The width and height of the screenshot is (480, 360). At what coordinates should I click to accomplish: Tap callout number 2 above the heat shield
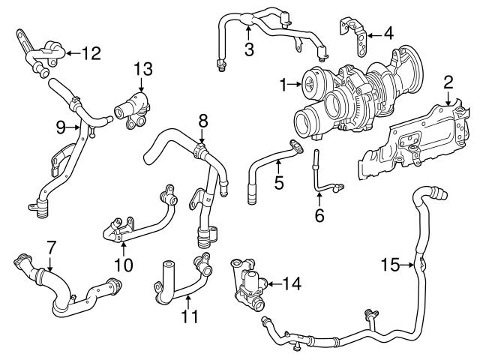(448, 81)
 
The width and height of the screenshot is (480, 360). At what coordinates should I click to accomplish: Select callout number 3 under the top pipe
(249, 49)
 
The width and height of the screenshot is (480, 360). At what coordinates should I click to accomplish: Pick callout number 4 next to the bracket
(388, 33)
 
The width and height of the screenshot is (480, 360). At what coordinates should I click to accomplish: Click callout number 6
(319, 216)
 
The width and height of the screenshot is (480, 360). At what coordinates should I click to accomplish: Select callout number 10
(123, 264)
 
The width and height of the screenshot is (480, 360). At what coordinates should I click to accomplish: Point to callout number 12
(90, 53)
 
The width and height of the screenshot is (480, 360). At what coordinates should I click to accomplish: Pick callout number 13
(142, 70)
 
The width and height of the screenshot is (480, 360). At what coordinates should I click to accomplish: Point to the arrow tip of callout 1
(302, 85)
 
